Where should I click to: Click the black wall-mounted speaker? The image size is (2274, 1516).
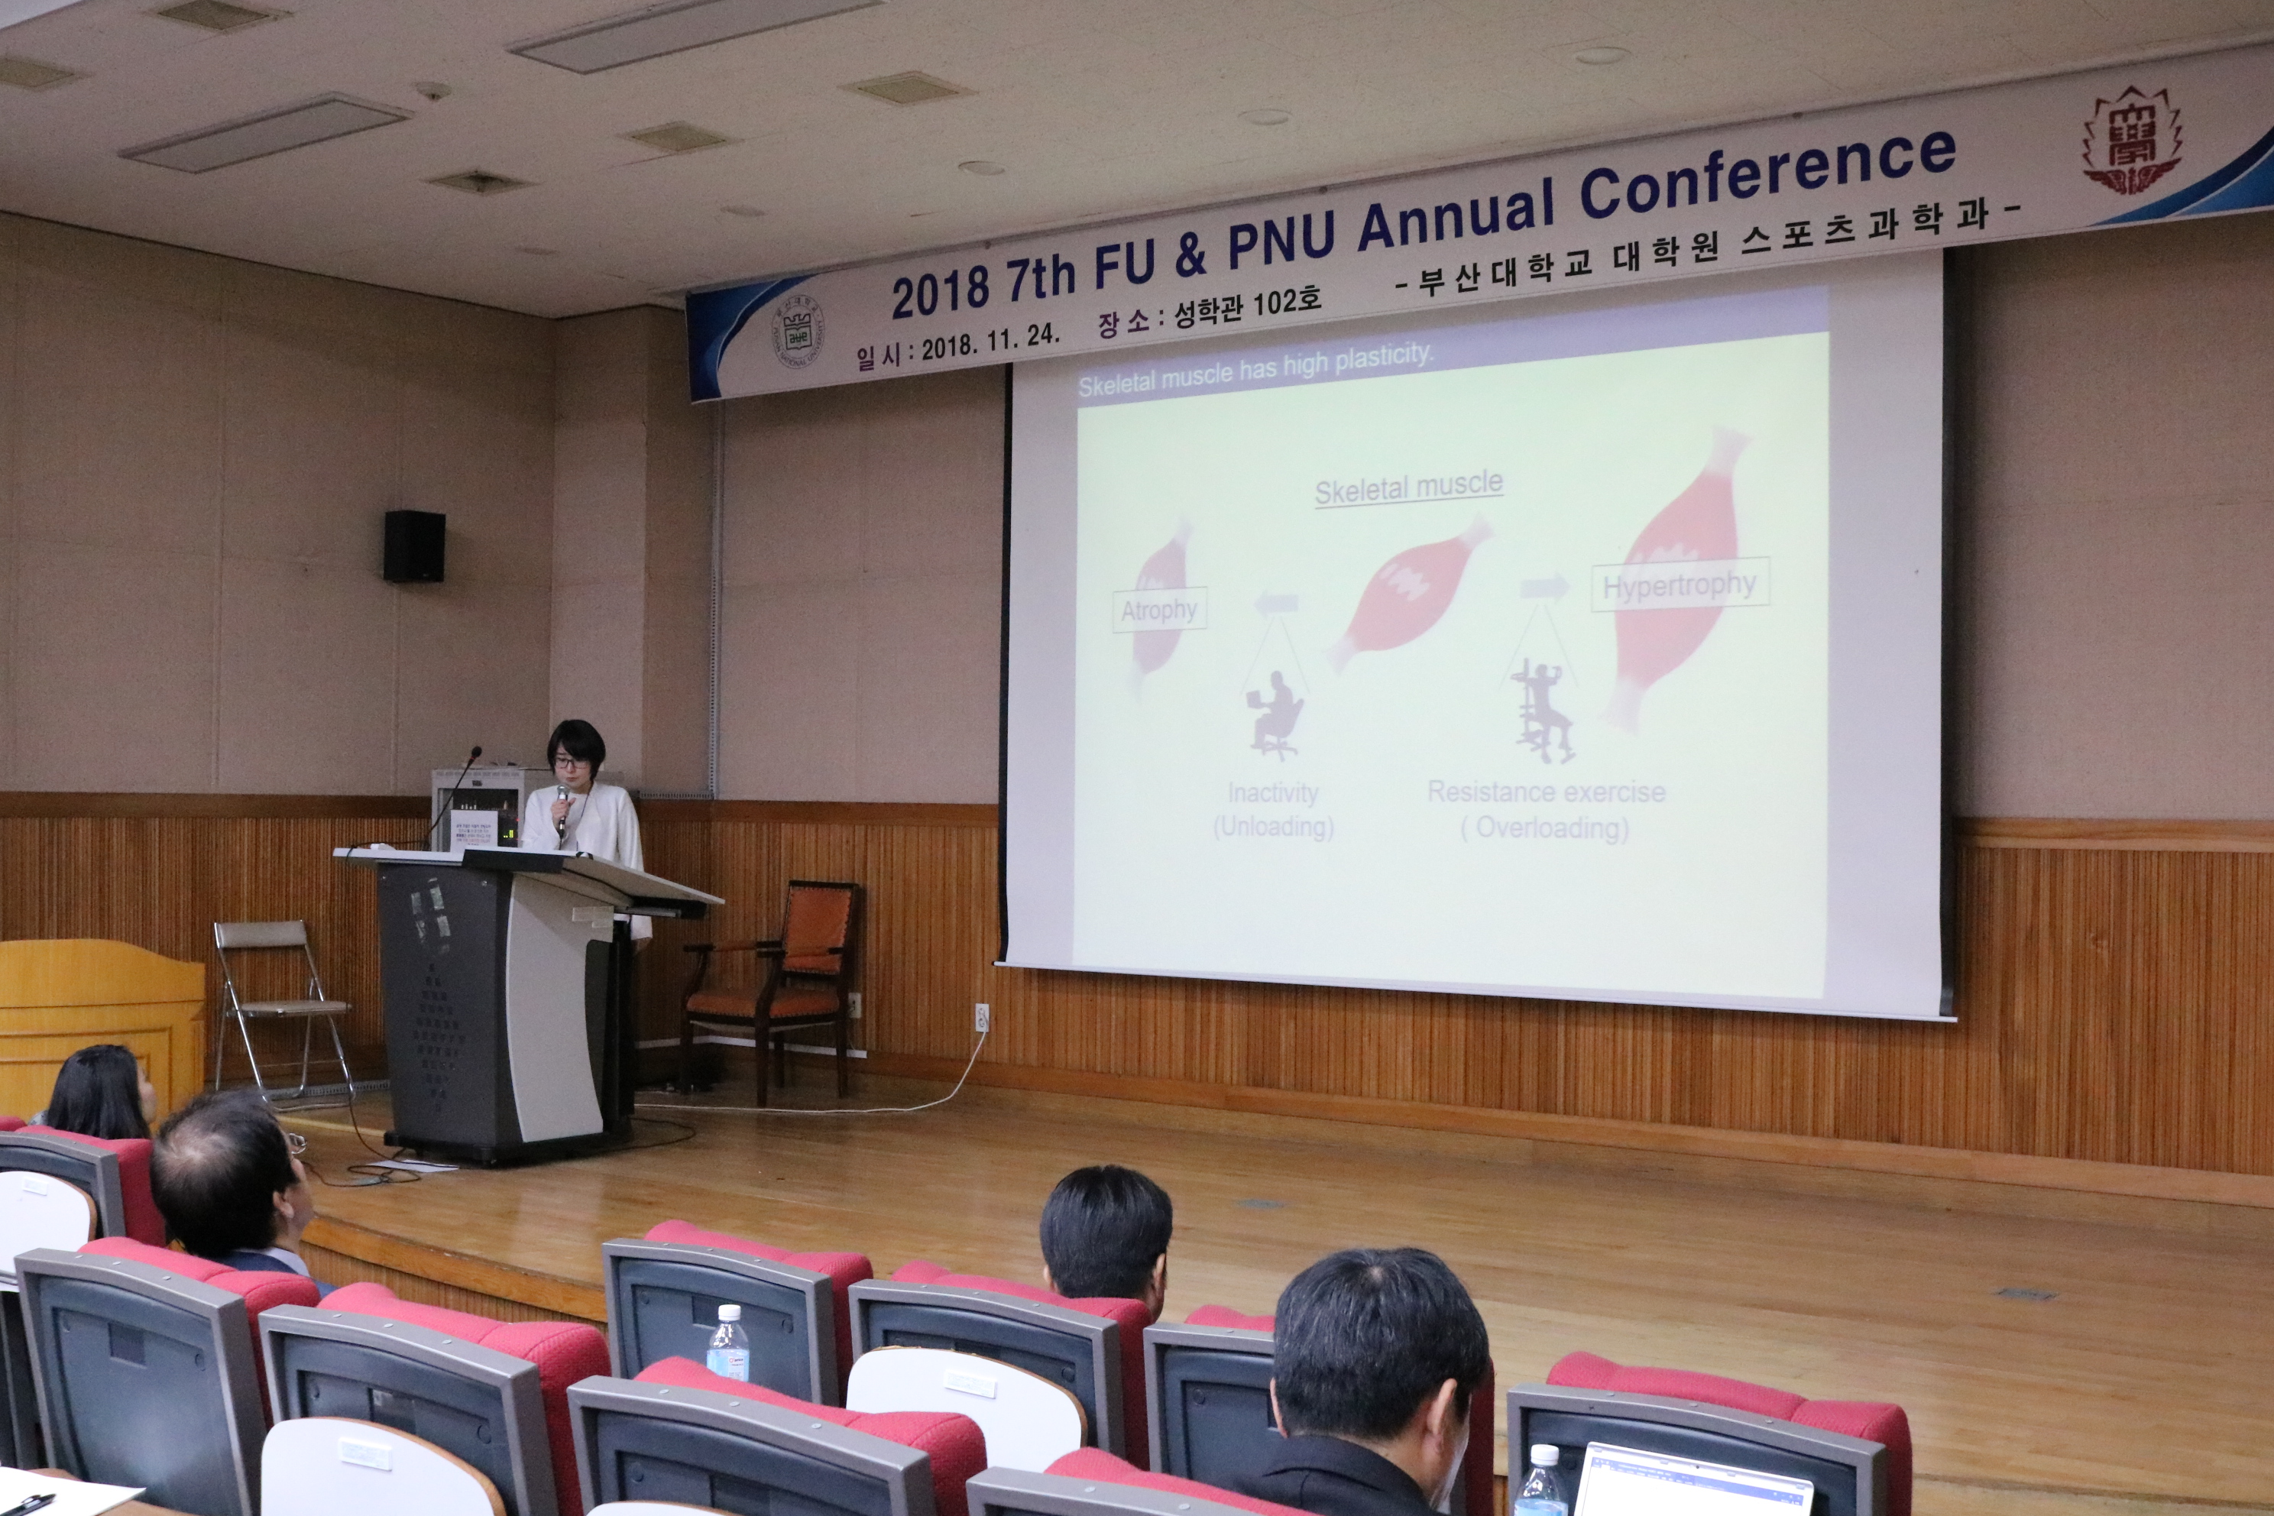click(414, 546)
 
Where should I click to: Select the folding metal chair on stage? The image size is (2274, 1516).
click(280, 1006)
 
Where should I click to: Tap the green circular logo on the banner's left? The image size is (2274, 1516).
click(798, 332)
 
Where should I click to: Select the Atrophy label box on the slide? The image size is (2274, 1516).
click(1159, 610)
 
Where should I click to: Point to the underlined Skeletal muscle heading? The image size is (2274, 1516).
click(1409, 488)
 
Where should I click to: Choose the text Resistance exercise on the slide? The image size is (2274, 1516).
click(1546, 792)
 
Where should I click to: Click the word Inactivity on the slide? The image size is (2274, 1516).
click(1272, 794)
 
